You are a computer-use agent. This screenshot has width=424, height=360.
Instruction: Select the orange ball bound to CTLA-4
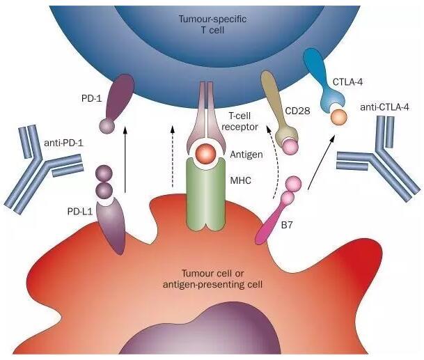[x=339, y=117]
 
